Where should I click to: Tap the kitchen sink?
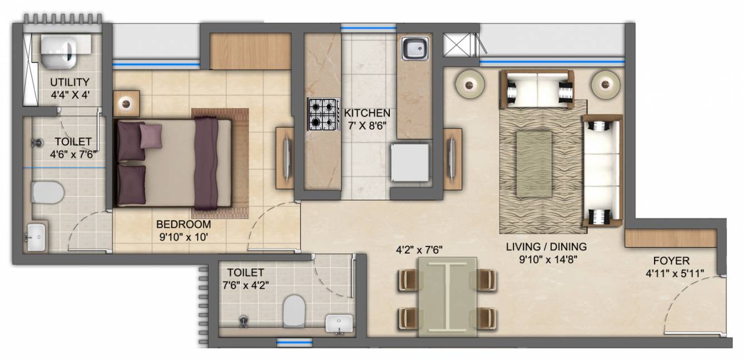click(x=415, y=49)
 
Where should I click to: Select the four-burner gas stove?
click(x=324, y=114)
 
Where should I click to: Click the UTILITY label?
click(x=70, y=83)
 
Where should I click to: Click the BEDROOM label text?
click(x=184, y=225)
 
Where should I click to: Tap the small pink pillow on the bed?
click(x=150, y=136)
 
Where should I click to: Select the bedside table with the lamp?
click(x=126, y=104)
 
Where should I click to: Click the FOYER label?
click(x=671, y=261)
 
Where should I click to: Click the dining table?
click(x=447, y=296)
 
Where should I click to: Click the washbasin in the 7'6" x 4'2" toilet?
click(x=339, y=323)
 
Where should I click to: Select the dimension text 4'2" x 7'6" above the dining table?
click(x=419, y=250)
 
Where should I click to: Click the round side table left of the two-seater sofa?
click(x=470, y=84)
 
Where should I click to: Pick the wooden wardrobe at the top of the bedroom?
click(x=250, y=52)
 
